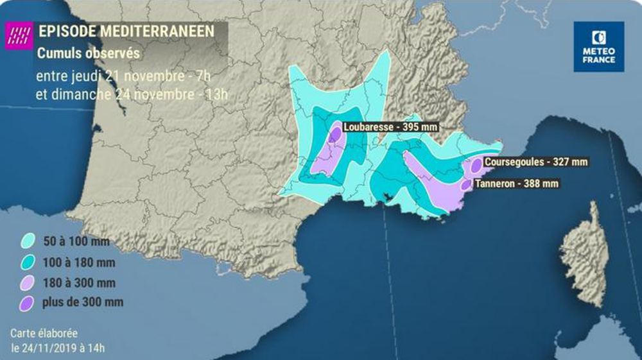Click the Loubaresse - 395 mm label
[x=390, y=127]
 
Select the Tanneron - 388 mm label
[x=516, y=184]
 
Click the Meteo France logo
[x=598, y=46]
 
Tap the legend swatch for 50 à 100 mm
[x=28, y=243]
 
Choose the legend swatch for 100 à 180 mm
[x=28, y=262]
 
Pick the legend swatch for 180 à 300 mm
[x=28, y=282]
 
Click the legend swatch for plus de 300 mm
[x=28, y=302]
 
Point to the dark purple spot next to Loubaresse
[x=334, y=135]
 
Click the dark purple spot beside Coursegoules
[x=476, y=165]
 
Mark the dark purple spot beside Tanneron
[x=466, y=185]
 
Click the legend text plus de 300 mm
[x=83, y=302]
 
